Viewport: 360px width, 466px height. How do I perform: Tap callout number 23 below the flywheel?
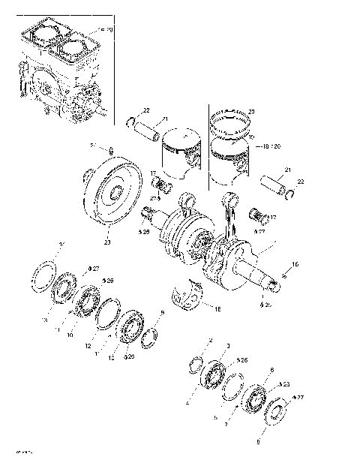[x=107, y=242]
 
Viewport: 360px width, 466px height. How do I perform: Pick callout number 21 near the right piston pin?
[x=286, y=170]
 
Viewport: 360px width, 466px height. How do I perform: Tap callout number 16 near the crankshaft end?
[x=295, y=264]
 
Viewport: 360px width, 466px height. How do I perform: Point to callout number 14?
[x=62, y=245]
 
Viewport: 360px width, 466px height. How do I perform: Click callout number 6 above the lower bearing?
[x=271, y=368]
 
